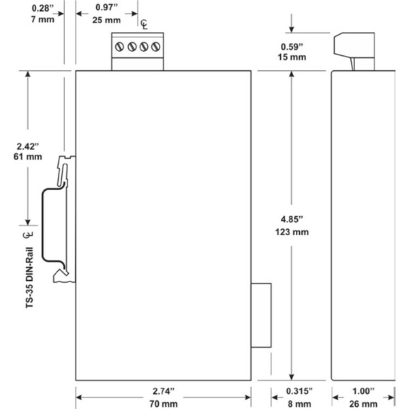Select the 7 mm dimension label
(43, 20)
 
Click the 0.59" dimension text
(292, 47)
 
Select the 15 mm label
(292, 58)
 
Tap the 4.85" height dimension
(291, 219)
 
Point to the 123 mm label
(291, 232)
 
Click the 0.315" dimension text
(297, 391)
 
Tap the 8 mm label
(297, 404)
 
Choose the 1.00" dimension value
(364, 391)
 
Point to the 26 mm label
(364, 404)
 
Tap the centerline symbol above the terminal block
(144, 25)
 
